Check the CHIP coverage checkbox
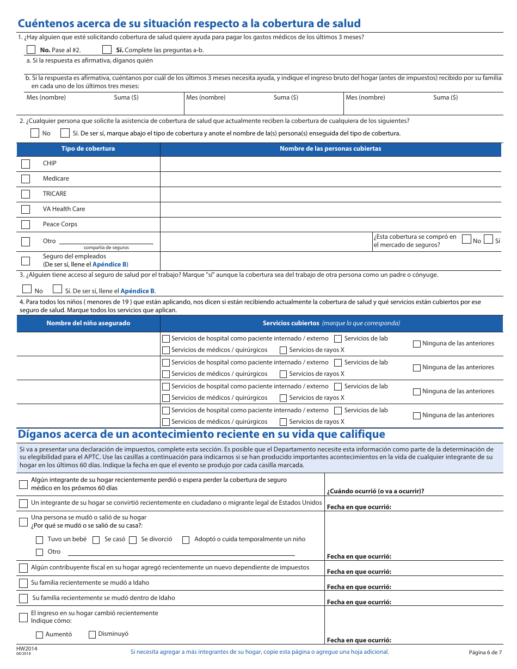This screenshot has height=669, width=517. pos(26,164)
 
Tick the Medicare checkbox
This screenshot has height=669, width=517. pos(26,179)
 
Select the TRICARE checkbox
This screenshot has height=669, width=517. pos(26,194)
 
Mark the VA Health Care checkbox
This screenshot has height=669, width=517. pos(26,209)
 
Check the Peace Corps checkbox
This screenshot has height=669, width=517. pos(26,225)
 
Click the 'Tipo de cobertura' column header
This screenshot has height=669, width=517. pos(88,148)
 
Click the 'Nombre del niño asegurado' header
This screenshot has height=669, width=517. pos(88,323)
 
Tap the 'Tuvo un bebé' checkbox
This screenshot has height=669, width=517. pos(39,540)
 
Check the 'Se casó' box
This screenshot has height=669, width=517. pos(96,540)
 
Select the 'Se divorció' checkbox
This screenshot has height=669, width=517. pos(133,540)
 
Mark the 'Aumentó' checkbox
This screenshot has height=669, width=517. pos(39,635)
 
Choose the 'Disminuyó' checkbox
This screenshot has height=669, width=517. pos(92,634)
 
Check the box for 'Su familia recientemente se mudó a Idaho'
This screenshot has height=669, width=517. pos(23,583)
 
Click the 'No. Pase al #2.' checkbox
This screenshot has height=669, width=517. pos(31,49)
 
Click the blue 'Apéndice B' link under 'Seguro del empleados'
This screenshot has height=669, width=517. pos(109,264)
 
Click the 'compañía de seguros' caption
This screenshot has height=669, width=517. pos(106,247)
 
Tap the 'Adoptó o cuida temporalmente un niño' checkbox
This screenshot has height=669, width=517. pos(186,540)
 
